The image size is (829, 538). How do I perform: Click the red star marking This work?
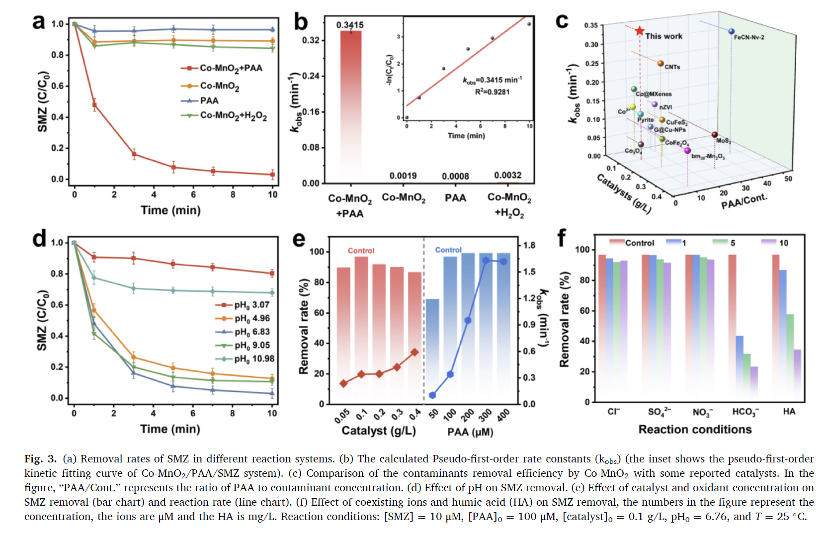tap(639, 31)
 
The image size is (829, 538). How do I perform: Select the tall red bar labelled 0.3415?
tap(350, 99)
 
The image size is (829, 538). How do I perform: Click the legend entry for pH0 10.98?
tap(254, 359)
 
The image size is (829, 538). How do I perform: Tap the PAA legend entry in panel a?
tap(209, 100)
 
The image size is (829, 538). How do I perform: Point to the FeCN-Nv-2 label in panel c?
tap(749, 37)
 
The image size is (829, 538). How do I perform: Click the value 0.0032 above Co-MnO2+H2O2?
tap(507, 175)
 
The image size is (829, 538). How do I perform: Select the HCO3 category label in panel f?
tap(745, 412)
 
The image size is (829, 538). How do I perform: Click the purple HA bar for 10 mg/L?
tap(797, 375)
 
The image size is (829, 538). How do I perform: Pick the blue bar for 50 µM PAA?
tap(432, 351)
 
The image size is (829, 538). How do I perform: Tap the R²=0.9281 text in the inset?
tap(492, 92)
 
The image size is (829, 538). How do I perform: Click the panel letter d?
tap(39, 239)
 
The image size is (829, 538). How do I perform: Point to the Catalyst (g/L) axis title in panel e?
tap(378, 431)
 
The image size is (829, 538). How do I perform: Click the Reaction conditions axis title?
tap(695, 430)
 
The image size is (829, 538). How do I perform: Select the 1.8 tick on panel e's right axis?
tap(529, 245)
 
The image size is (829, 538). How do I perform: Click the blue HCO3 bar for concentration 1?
tap(740, 368)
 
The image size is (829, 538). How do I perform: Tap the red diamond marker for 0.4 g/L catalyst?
tap(414, 352)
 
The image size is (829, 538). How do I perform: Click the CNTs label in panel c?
tap(672, 67)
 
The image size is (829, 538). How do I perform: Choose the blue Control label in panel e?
tap(448, 250)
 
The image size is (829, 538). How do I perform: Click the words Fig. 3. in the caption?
tap(40, 459)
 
